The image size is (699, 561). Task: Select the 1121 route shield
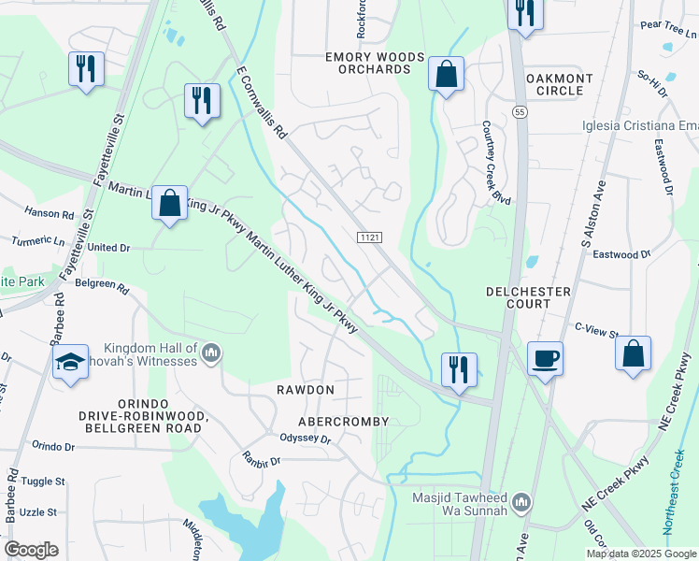[369, 239]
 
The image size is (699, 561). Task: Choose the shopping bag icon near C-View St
[633, 354]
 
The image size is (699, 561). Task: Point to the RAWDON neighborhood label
[304, 388]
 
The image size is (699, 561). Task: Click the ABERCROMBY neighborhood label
[343, 421]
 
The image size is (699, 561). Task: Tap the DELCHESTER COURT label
[529, 297]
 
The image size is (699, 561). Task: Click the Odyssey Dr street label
[305, 438]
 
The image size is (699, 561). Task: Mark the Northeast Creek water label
[679, 490]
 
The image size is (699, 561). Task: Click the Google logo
[31, 549]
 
